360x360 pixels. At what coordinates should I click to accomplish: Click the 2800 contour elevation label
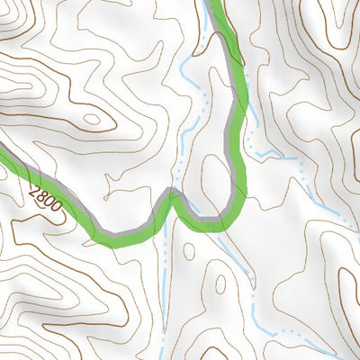click(45, 198)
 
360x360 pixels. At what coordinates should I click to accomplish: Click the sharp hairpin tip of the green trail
click(171, 192)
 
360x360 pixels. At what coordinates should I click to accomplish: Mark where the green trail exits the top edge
click(215, 3)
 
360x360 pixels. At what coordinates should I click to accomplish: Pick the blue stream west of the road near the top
click(187, 72)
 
